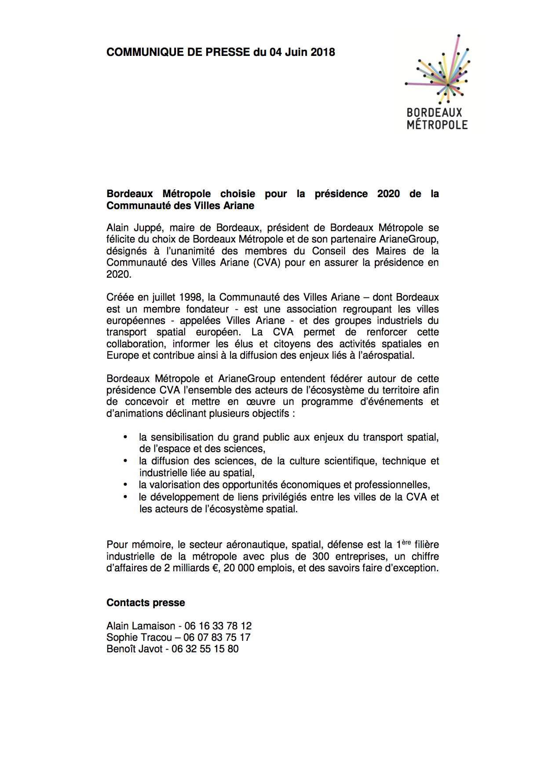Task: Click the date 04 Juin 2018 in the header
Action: click(302, 52)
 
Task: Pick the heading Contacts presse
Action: click(146, 603)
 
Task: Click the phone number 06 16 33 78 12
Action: click(218, 626)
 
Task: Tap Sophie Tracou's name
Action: click(139, 638)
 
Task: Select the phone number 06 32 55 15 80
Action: click(205, 649)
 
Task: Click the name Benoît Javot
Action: click(134, 649)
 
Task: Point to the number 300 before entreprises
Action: click(321, 557)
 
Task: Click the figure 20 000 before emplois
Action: click(239, 568)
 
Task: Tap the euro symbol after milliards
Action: click(216, 568)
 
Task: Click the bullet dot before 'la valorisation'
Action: click(126, 485)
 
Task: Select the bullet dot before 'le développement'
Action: click(126, 497)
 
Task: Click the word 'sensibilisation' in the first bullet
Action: click(184, 437)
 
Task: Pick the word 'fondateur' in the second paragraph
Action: click(208, 309)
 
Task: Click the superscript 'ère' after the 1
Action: click(406, 542)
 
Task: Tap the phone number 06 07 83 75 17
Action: click(217, 638)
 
